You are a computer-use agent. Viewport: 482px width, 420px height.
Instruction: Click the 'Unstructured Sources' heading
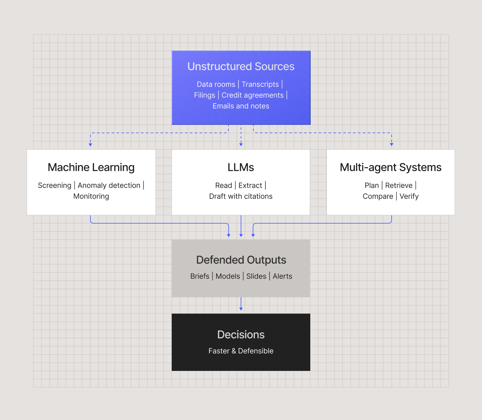tap(241, 67)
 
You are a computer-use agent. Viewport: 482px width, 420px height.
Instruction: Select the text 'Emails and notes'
tap(241, 106)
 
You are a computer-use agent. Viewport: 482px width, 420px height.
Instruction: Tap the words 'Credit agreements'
tap(252, 95)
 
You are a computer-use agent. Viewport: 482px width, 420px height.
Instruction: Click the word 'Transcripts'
tap(260, 84)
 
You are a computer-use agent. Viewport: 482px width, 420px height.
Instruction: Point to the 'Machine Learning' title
tap(91, 167)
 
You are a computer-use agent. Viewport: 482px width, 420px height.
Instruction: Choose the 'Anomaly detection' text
tap(109, 185)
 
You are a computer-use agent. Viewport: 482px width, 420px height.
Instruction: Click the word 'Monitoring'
tap(91, 196)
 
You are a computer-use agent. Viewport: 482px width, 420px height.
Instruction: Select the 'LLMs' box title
tap(241, 167)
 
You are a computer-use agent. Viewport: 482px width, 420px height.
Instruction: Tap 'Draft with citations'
tap(241, 196)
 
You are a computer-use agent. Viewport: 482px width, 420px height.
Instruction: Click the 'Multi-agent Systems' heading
tap(390, 167)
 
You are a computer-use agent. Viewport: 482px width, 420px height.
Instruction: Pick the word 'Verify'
tap(409, 196)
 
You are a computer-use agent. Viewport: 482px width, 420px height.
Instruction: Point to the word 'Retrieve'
tap(399, 185)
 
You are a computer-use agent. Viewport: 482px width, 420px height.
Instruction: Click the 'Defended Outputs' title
tap(241, 260)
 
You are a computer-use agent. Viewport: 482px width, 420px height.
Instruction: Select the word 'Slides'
tap(256, 276)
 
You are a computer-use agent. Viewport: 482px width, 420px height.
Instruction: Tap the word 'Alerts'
tap(282, 276)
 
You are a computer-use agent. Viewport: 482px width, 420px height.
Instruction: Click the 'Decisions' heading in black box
tap(241, 334)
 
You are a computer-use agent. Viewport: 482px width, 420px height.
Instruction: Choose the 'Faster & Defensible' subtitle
tap(241, 351)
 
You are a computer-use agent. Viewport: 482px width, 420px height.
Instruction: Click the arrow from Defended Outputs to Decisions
tap(241, 304)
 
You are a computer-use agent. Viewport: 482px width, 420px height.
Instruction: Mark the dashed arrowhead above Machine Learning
tap(90, 145)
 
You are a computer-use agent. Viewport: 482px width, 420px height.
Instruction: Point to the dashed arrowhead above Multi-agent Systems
tap(392, 145)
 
